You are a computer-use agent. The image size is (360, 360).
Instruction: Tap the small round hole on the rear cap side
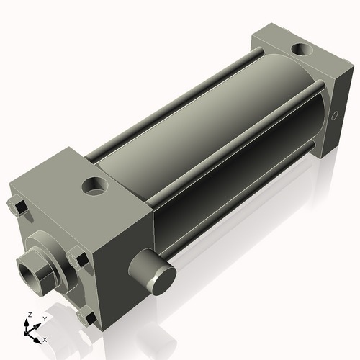click(334, 115)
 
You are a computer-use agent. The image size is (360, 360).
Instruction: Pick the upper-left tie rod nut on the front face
click(19, 208)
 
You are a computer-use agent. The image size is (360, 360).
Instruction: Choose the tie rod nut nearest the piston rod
click(77, 258)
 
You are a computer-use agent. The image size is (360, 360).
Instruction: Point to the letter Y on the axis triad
click(44, 318)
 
